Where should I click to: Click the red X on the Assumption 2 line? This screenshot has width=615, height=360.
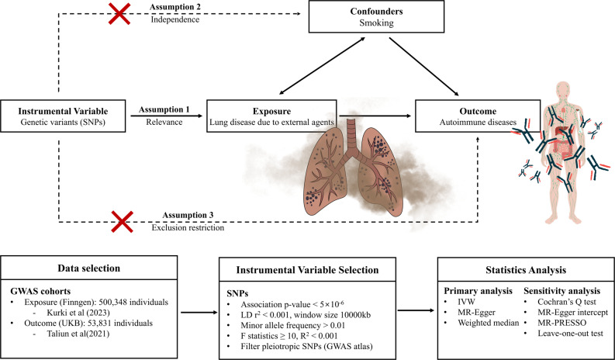(x=119, y=14)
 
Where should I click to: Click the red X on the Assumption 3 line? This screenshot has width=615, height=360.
(x=122, y=222)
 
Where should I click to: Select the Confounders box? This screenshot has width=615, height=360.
(x=377, y=17)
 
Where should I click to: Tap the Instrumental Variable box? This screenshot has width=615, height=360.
(x=63, y=116)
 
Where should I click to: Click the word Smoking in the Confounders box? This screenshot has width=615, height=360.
(x=377, y=22)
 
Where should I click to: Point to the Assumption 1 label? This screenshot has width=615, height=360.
(x=164, y=109)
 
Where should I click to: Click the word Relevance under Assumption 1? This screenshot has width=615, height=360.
(x=164, y=122)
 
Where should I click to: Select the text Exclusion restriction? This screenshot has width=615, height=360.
(x=188, y=227)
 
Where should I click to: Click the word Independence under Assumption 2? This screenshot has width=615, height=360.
(x=175, y=19)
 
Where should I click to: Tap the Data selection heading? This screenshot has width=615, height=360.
(x=88, y=268)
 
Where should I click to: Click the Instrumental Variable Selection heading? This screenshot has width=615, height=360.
(x=307, y=270)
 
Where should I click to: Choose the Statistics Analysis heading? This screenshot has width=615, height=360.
(x=526, y=270)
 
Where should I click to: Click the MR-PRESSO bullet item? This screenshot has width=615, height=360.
(x=562, y=323)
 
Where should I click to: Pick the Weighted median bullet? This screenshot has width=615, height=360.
(x=489, y=323)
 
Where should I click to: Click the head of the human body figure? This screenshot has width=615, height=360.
(x=563, y=89)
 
